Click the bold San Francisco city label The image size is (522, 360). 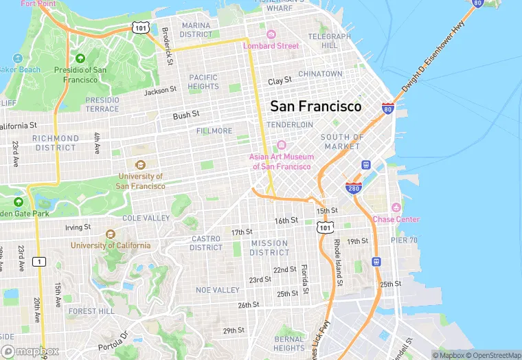pyautogui.click(x=315, y=106)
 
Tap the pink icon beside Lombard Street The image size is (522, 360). pyautogui.click(x=271, y=35)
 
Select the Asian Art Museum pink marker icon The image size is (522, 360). pyautogui.click(x=281, y=146)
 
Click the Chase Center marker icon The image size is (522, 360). pyautogui.click(x=396, y=208)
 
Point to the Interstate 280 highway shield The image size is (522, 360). pyautogui.click(x=353, y=188)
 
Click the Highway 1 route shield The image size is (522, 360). pyautogui.click(x=39, y=261)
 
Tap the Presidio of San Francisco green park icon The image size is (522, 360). pyautogui.click(x=80, y=58)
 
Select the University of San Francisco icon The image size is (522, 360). pyautogui.click(x=140, y=165)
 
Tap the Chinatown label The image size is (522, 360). pyautogui.click(x=320, y=74)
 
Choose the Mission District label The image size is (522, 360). pyautogui.click(x=269, y=248)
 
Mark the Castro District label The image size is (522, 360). pyautogui.click(x=206, y=243)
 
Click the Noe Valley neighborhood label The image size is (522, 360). pyautogui.click(x=218, y=290)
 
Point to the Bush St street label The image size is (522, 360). pyautogui.click(x=185, y=115)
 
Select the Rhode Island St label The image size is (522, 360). pyautogui.click(x=338, y=258)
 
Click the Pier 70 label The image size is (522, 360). pyautogui.click(x=404, y=240)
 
